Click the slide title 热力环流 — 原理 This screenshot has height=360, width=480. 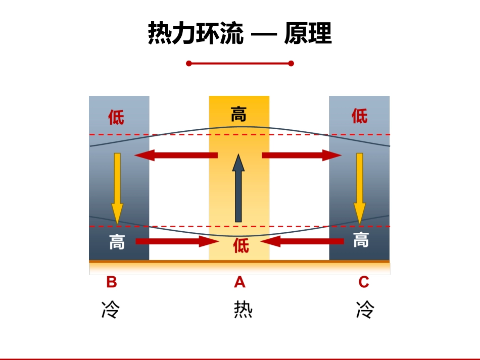(x=239, y=34)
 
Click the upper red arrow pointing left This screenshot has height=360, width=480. (x=176, y=155)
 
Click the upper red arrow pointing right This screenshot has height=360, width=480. (x=302, y=155)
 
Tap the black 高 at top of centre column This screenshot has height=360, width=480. (x=238, y=114)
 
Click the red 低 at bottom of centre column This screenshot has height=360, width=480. (x=241, y=246)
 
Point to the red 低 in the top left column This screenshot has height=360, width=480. (x=116, y=117)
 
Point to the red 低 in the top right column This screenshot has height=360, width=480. (x=360, y=116)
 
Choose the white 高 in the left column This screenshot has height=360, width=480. (x=117, y=242)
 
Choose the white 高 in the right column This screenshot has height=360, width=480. (x=360, y=240)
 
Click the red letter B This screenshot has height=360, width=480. (x=112, y=282)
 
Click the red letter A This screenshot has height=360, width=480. (x=239, y=282)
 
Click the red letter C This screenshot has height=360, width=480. (x=364, y=282)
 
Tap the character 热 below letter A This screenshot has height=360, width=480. (x=243, y=310)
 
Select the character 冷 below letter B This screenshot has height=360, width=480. (x=110, y=310)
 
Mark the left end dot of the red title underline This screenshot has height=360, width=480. (x=188, y=64)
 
